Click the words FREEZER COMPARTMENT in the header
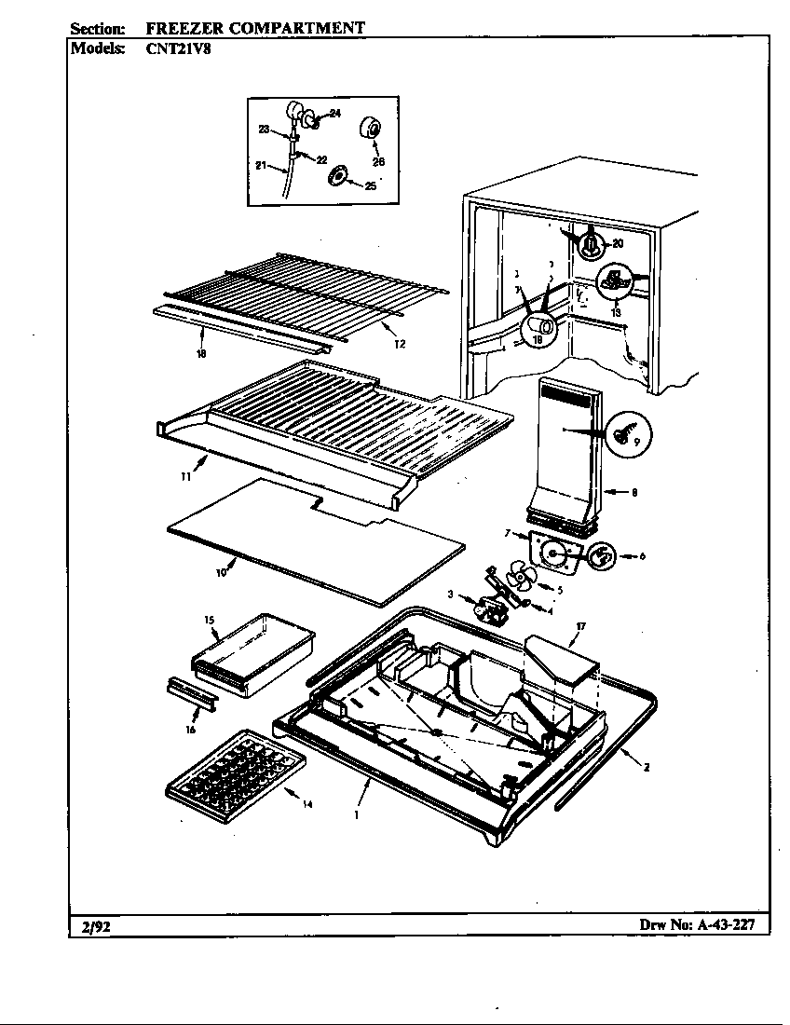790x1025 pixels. click(255, 28)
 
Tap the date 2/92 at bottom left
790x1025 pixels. click(94, 925)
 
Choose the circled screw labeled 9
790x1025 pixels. click(628, 433)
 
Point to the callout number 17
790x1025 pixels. click(579, 627)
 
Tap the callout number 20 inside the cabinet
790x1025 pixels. click(617, 244)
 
